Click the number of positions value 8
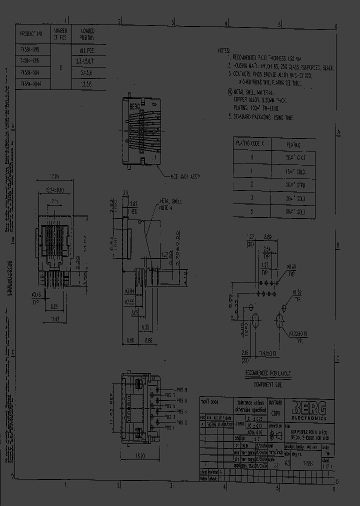(60, 68)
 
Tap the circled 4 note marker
(229, 92)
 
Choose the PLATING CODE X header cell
(252, 143)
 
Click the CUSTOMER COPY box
(275, 405)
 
